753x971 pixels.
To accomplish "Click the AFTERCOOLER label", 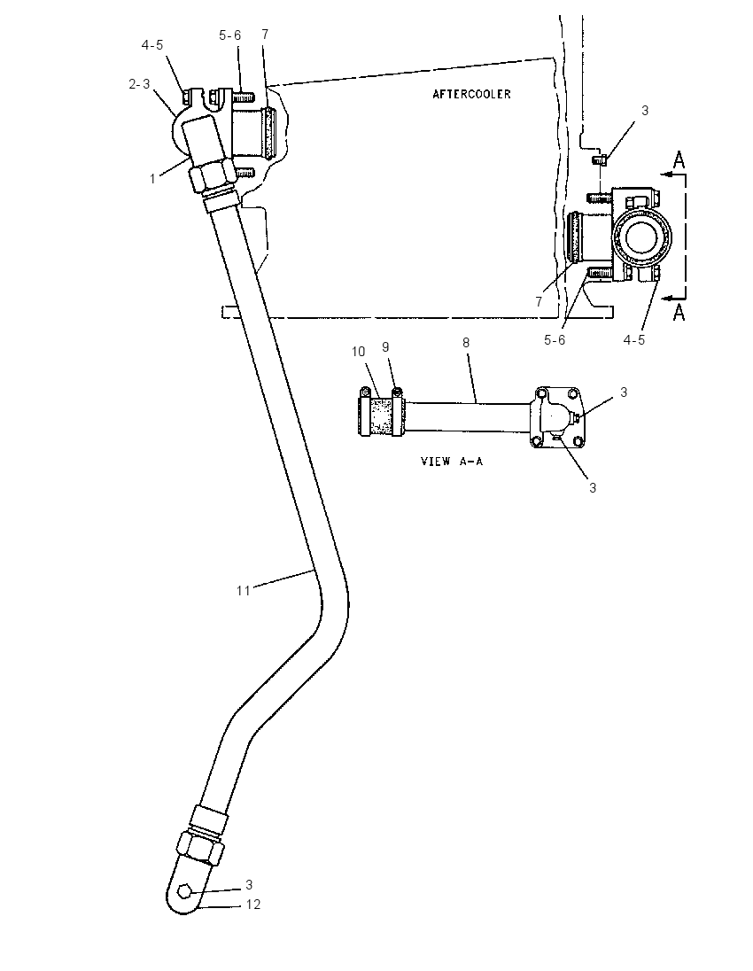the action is [471, 94].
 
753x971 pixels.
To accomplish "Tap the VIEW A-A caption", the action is [452, 461].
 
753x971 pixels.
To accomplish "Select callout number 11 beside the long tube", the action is [243, 591].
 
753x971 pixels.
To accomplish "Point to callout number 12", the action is [252, 905].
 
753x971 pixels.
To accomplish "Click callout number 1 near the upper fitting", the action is [152, 178].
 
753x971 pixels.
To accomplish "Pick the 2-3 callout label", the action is [139, 83].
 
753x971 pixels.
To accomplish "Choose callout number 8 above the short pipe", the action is [466, 342].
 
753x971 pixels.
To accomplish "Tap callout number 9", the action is [385, 346].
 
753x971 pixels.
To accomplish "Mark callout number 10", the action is [359, 352].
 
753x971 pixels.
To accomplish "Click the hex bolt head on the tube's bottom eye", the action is [185, 891].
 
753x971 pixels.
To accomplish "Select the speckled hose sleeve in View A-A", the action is [382, 416].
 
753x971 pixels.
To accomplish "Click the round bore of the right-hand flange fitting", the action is [644, 237].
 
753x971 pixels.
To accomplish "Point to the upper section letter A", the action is [679, 160].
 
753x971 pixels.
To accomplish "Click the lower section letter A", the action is [679, 312].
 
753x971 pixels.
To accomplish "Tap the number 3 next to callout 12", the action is [249, 884].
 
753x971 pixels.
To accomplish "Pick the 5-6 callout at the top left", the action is [229, 35].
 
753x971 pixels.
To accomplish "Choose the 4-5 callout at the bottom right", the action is [634, 339].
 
